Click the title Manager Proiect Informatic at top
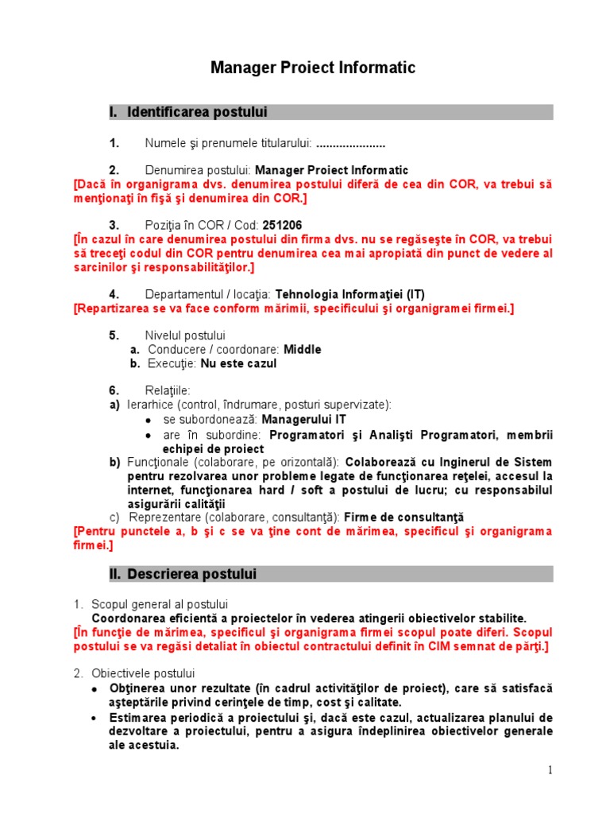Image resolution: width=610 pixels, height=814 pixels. point(312,68)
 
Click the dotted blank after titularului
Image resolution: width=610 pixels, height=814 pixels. point(350,143)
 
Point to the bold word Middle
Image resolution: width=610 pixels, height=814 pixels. point(303,349)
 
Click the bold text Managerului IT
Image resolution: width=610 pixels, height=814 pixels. point(303,419)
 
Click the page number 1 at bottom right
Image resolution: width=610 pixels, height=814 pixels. point(550,769)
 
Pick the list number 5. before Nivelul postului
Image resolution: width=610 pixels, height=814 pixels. point(114,335)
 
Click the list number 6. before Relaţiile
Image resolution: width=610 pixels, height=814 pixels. point(114,390)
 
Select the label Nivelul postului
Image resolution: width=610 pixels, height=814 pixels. point(185,335)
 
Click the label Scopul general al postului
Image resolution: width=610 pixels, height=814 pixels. point(160,604)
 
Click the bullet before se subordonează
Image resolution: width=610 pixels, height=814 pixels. point(149,420)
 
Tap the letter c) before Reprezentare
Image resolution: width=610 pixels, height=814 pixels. point(114,517)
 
